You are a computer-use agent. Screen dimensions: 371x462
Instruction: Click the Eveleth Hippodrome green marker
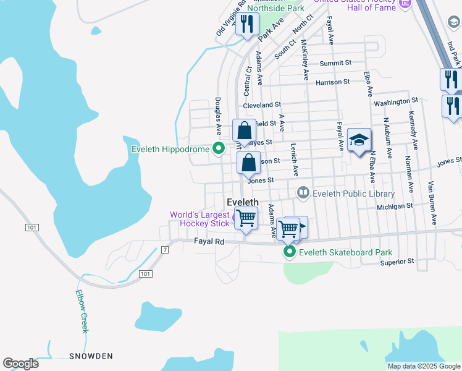coord(218,148)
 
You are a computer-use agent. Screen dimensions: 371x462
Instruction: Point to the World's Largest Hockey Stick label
coord(200,219)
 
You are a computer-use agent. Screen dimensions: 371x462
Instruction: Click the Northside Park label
coord(275,9)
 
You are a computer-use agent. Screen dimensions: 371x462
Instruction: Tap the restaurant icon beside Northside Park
coord(247,25)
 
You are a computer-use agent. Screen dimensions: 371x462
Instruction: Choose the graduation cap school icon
coord(359,140)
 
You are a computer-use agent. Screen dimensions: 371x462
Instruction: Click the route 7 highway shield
coord(165,249)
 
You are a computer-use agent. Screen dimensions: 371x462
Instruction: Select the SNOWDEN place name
coord(91,356)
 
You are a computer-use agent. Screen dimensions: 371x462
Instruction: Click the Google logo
coord(20,364)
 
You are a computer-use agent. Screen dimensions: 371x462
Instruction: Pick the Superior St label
coord(397,262)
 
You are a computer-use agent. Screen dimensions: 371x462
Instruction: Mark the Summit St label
coord(335,63)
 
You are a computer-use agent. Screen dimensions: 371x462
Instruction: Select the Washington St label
coord(396,101)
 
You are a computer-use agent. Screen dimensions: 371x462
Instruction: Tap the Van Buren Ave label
coord(433,202)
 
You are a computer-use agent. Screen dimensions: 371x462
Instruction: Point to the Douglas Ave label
coord(218,116)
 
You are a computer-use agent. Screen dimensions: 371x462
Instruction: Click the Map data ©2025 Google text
coord(423,366)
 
